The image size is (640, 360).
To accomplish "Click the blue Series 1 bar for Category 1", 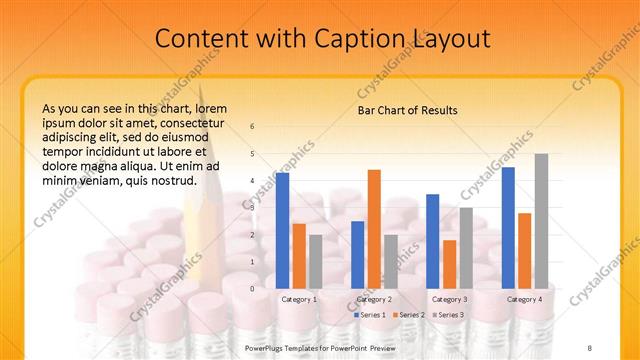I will [x=282, y=230].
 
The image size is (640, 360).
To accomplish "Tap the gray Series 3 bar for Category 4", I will [x=541, y=221].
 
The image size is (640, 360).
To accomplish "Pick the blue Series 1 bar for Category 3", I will [x=432, y=241].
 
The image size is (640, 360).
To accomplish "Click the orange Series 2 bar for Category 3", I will [x=449, y=264].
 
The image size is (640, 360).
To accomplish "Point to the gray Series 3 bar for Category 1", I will [x=315, y=261].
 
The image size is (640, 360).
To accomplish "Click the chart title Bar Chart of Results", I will [x=407, y=110].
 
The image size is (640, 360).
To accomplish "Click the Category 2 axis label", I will [x=374, y=299].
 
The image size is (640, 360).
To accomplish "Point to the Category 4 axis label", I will [x=524, y=299].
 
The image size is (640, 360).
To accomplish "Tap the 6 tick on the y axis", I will [x=252, y=126].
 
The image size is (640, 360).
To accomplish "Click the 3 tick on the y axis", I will [x=252, y=208].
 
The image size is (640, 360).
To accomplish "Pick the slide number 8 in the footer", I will [x=590, y=347].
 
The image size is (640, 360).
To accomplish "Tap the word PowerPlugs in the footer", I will [x=265, y=347].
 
